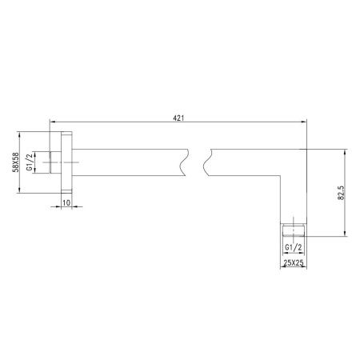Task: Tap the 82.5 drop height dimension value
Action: tap(342, 192)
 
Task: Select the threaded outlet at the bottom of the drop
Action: tap(294, 231)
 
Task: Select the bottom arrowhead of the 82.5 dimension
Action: tap(346, 237)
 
